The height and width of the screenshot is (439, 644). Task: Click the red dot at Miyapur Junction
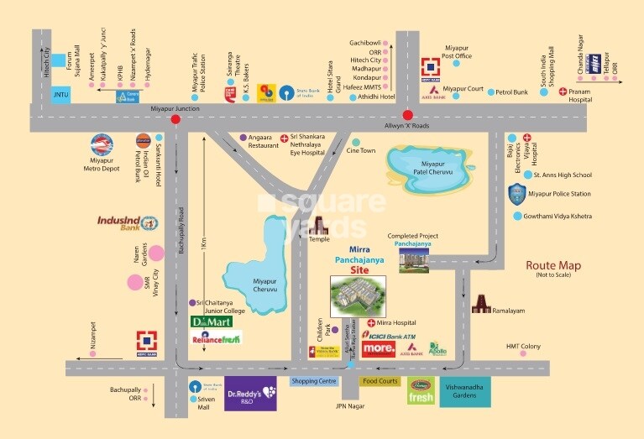(175, 119)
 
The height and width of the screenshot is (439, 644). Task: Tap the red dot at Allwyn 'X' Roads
(407, 115)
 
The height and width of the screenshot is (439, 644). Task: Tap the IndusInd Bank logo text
(122, 223)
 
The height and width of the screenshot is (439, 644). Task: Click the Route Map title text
(553, 266)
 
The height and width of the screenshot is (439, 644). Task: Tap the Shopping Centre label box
(313, 381)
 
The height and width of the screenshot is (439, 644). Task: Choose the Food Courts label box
(380, 381)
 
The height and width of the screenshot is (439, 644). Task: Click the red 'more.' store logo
(379, 348)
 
